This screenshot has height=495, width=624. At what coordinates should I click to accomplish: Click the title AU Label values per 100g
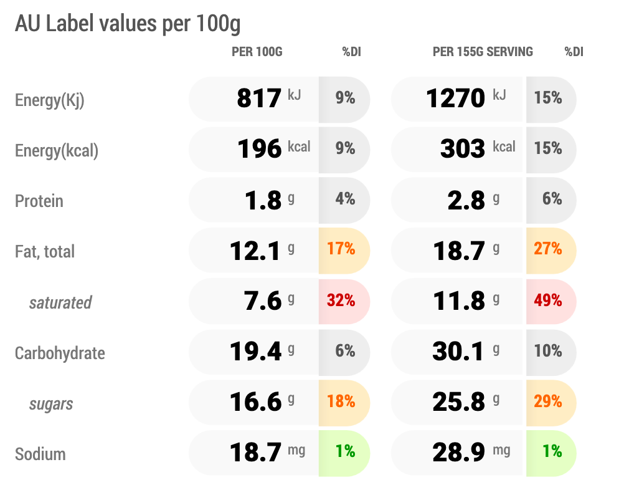(128, 24)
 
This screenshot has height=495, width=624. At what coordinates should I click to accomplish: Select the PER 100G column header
(257, 52)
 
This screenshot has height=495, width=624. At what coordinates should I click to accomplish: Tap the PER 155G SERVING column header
(483, 52)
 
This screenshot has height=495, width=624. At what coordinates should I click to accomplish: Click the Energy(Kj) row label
(50, 100)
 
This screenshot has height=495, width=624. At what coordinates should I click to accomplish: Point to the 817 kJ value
(268, 98)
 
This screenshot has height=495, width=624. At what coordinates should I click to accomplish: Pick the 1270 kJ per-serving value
(466, 98)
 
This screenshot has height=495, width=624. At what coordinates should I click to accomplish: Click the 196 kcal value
(274, 148)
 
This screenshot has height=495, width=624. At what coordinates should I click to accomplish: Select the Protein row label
(39, 201)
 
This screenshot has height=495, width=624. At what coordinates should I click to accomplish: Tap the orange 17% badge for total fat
(341, 249)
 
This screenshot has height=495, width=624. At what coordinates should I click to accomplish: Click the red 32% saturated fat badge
(341, 300)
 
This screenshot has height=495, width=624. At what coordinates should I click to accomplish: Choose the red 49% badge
(548, 300)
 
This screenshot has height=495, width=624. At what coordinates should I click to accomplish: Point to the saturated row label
(60, 302)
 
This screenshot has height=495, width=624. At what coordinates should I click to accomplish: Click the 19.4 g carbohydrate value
(262, 351)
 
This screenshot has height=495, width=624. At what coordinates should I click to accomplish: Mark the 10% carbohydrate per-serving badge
(548, 351)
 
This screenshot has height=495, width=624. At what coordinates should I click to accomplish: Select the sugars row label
(51, 404)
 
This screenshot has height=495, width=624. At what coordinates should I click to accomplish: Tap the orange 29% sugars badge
(548, 401)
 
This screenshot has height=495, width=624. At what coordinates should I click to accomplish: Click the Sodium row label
(40, 454)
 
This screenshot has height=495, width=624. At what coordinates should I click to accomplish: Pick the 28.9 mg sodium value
(471, 453)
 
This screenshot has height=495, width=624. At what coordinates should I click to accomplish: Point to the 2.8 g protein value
(473, 200)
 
